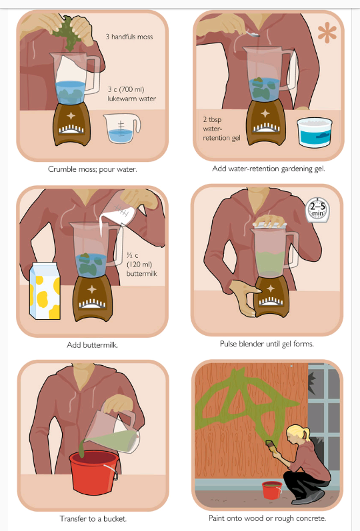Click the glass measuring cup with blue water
coord(121,129)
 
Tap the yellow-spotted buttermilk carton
coord(45,291)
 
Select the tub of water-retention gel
coord(314,133)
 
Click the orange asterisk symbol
coord(327,34)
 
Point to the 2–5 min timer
coord(317,211)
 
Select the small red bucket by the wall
coord(272,490)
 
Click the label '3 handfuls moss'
coord(129,37)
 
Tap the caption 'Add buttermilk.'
coord(92,345)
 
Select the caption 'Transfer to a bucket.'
coord(93,518)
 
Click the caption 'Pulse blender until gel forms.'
coord(267,344)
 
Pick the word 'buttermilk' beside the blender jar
coord(142,273)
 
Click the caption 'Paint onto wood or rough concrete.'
coord(267,518)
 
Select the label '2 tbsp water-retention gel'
coord(221,129)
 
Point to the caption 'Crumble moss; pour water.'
coord(92,169)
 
